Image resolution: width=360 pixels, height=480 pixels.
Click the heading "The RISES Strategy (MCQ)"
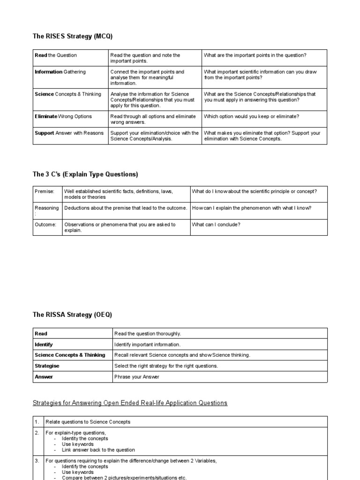coord(73,36)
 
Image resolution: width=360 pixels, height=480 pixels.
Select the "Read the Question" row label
coord(56,55)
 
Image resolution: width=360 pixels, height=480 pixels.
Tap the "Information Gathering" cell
coord(60,72)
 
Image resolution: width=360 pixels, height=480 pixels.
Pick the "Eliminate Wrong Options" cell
coord(63,116)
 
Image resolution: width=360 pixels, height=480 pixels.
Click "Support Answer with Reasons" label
coord(69,133)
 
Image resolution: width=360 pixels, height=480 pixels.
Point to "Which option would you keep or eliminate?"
coord(251,116)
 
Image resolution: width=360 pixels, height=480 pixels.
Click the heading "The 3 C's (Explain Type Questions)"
coord(85,174)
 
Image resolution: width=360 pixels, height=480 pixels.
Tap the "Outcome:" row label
coord(45,225)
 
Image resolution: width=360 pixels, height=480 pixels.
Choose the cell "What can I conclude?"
coord(216,225)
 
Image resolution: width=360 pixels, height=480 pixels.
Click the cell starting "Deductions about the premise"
coord(126,208)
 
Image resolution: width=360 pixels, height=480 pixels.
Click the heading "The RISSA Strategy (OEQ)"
coord(73,315)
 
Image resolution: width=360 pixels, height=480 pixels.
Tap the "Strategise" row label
coord(47,366)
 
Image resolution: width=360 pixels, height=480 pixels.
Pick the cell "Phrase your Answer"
coord(137,377)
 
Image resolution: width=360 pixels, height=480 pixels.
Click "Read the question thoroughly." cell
coord(147,334)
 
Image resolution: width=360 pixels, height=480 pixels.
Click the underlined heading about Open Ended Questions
coord(130,403)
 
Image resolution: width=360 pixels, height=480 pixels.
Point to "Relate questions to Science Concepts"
coord(88,422)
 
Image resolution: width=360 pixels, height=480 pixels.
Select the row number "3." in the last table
coord(37,461)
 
